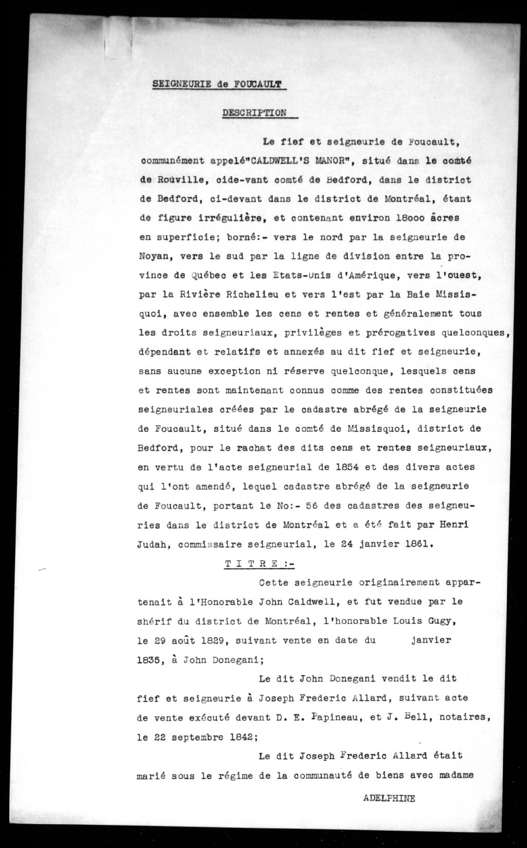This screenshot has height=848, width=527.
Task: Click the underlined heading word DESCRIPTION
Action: (254, 113)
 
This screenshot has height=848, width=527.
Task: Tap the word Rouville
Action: (178, 179)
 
